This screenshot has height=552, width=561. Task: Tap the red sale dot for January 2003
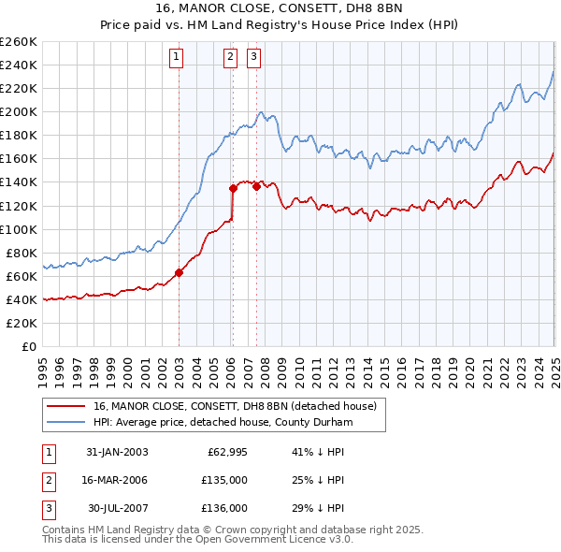click(179, 272)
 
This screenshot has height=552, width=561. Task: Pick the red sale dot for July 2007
click(256, 186)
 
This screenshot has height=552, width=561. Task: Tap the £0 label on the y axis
click(28, 346)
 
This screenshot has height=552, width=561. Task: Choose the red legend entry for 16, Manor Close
click(234, 406)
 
